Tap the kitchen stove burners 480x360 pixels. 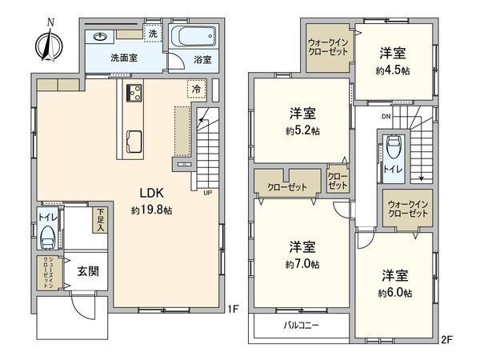pyautogui.click(x=134, y=90)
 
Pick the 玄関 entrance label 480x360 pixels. pyautogui.click(x=88, y=271)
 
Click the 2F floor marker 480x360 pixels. pyautogui.click(x=446, y=339)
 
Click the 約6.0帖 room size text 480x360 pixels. pyautogui.click(x=395, y=294)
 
